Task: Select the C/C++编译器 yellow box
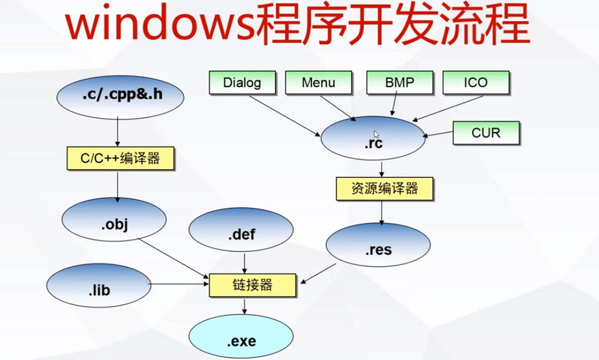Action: (x=119, y=157)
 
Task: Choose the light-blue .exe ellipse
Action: (x=240, y=340)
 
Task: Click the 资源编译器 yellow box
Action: (x=385, y=188)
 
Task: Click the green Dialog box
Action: (x=242, y=83)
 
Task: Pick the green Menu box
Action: (x=319, y=83)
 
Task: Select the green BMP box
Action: (x=399, y=83)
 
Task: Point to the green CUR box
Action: (x=486, y=133)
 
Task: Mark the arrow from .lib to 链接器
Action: (x=179, y=285)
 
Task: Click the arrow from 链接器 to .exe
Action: (x=245, y=306)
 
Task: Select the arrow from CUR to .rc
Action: (x=439, y=136)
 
